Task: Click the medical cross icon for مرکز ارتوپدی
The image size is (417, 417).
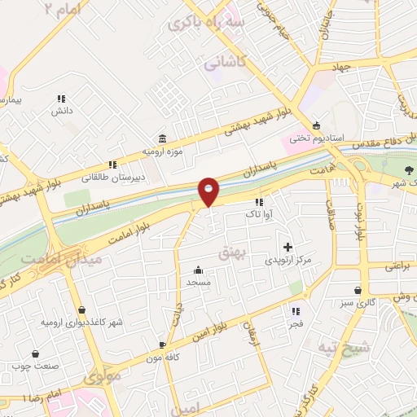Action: (x=288, y=246)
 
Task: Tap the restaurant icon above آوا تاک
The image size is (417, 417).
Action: (x=259, y=202)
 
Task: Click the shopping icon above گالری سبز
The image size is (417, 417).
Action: (x=358, y=290)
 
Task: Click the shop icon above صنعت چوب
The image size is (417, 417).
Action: (x=35, y=353)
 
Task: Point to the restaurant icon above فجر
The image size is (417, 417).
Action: (x=295, y=310)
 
